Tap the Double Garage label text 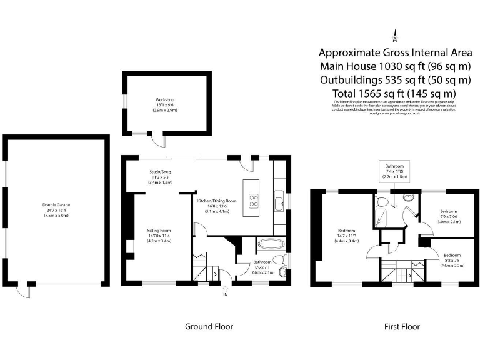(56, 205)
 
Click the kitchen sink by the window (279, 201)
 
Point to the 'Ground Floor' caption (209, 326)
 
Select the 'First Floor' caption (402, 326)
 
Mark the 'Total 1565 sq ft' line (395, 92)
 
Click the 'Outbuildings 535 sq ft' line (395, 79)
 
